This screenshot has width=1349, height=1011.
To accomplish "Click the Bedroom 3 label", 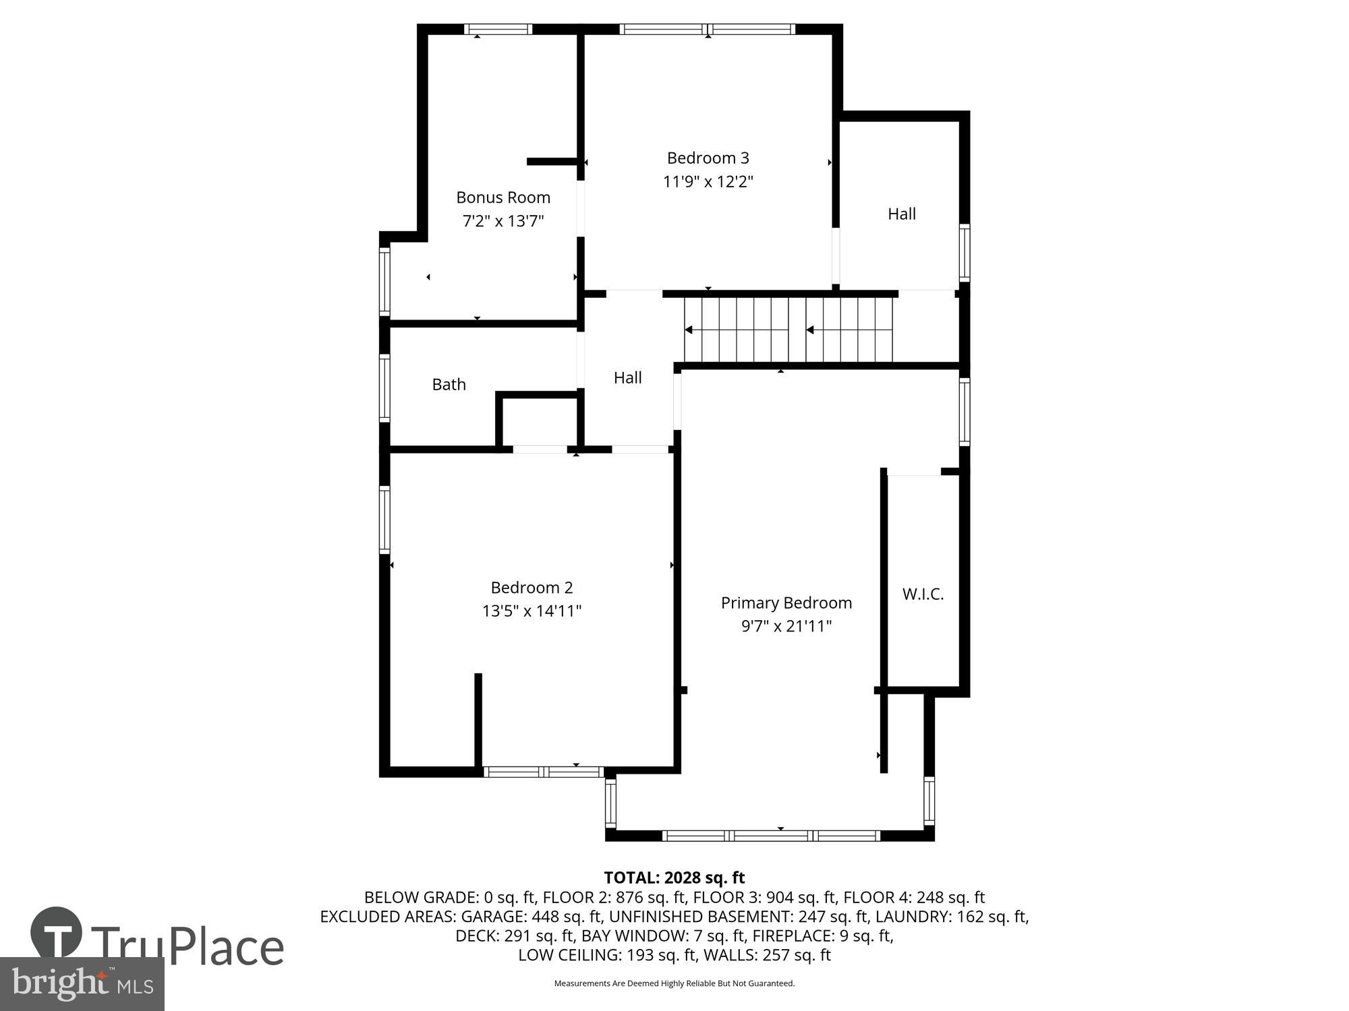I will (x=708, y=158).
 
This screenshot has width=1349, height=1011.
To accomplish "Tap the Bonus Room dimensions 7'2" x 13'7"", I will (x=503, y=221).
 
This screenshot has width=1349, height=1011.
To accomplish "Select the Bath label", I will (x=449, y=384).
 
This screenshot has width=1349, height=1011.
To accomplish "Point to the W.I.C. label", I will (x=923, y=594).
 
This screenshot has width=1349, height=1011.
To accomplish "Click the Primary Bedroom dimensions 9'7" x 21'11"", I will (x=786, y=626).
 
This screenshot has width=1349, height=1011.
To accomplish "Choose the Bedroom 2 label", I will (x=532, y=587).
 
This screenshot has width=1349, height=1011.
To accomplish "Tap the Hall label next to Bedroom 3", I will (x=901, y=214).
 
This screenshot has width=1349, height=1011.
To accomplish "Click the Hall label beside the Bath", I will (x=627, y=377).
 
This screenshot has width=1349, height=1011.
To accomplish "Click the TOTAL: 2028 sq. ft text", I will (x=674, y=878).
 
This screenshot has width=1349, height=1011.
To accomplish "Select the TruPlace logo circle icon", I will (x=57, y=933).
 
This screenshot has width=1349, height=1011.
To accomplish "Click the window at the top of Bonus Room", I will (x=498, y=29).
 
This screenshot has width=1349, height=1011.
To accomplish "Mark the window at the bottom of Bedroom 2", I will (x=544, y=772).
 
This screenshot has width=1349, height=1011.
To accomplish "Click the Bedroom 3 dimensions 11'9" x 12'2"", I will (x=708, y=181).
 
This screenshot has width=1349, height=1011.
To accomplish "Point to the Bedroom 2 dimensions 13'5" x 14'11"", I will (x=532, y=611).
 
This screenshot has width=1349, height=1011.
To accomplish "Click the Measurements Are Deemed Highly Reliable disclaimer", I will (x=674, y=983).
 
